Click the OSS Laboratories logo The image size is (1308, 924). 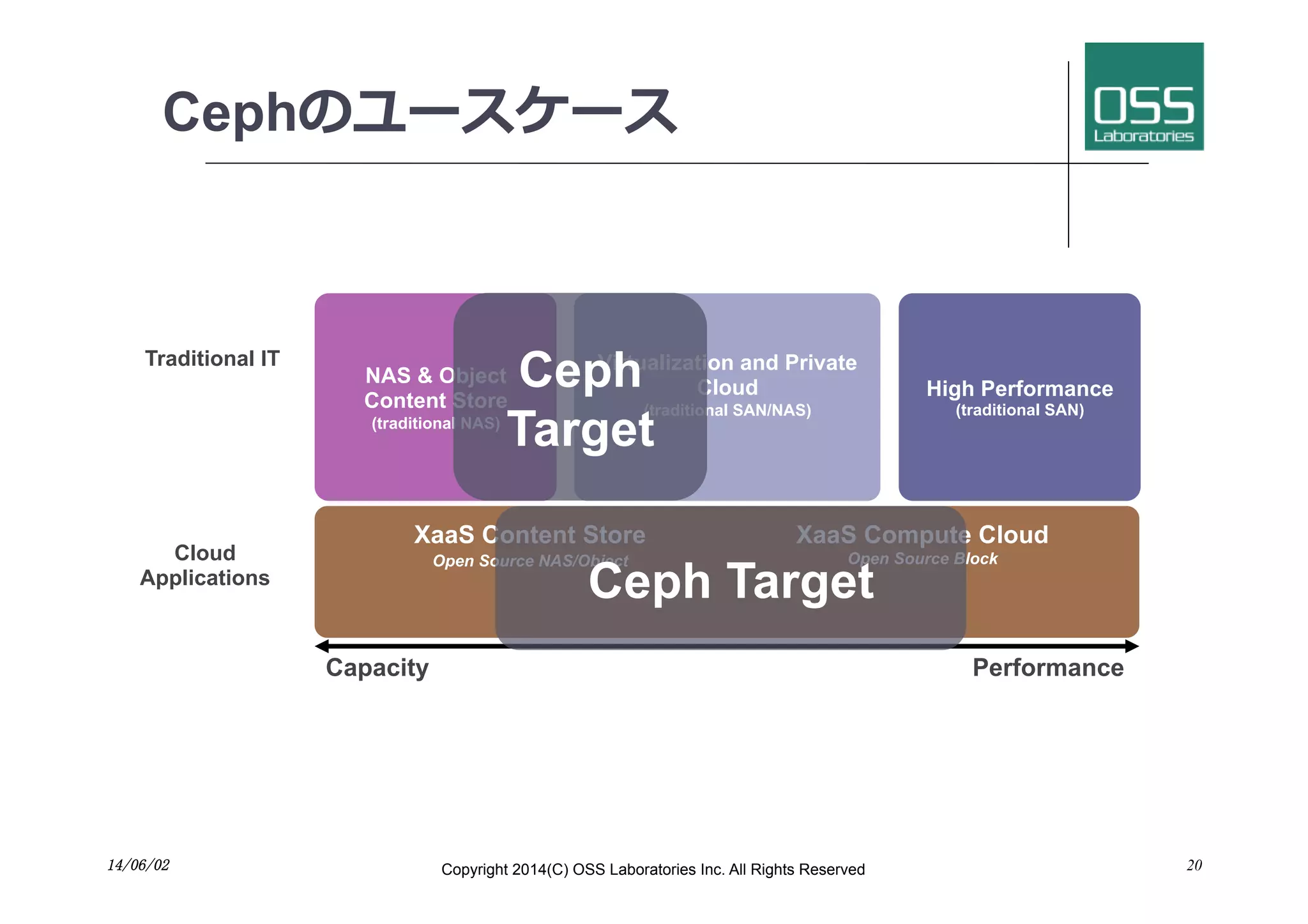1143,96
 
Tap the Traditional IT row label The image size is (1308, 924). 212,359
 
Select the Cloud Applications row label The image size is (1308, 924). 205,565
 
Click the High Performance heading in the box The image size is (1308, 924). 1019,388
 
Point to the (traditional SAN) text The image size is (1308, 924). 1019,410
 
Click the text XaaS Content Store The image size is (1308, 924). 529,534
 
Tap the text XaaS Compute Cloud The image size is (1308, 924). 922,534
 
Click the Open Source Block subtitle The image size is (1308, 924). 922,559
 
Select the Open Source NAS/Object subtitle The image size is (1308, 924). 530,561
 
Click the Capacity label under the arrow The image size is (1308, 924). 377,668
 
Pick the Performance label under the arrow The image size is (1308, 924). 1047,668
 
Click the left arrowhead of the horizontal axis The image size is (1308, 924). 322,646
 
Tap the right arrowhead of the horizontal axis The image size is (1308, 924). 1132,646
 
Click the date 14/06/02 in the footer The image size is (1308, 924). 139,865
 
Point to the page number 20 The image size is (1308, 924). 1194,865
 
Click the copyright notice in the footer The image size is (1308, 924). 653,870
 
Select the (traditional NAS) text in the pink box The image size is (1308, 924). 436,423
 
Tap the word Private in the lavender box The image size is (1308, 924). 820,363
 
